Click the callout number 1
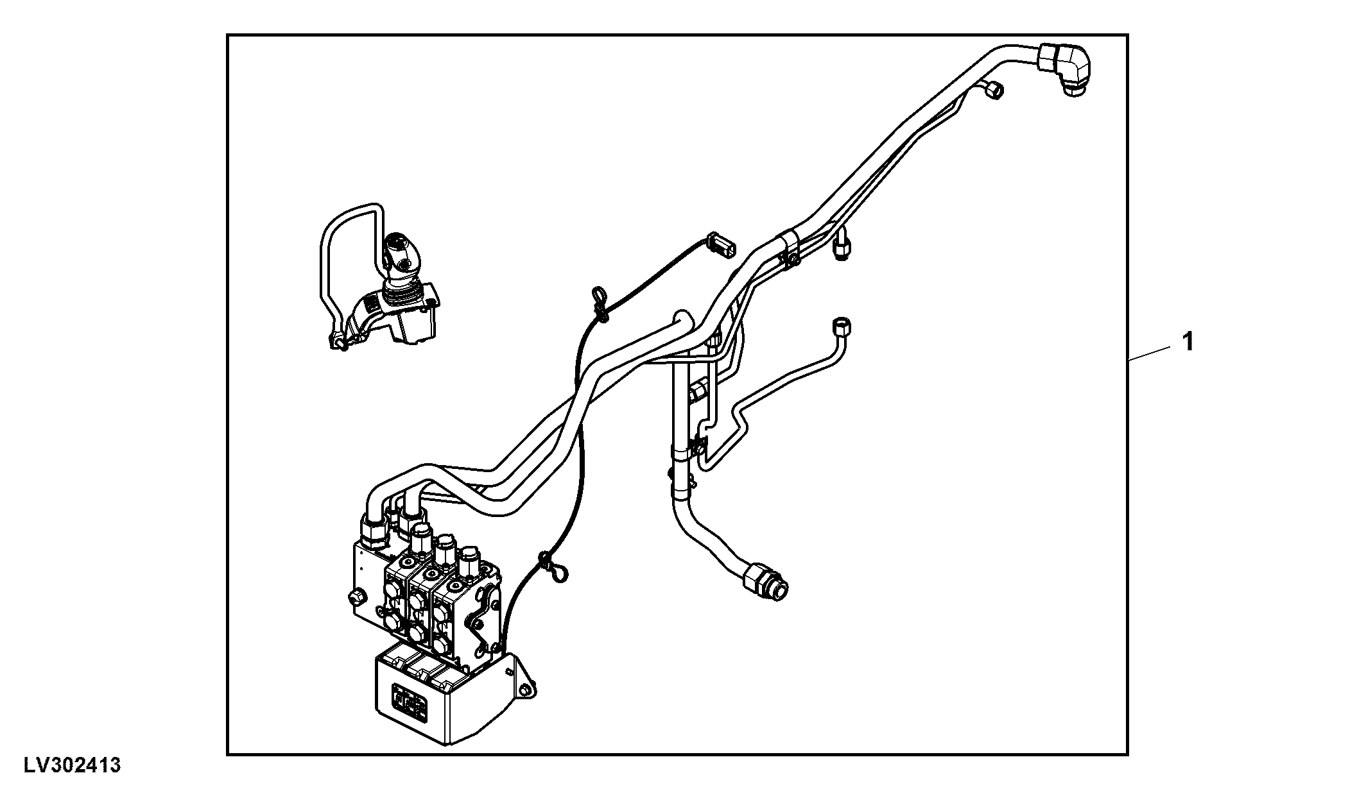(x=1188, y=341)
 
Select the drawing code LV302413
(x=73, y=765)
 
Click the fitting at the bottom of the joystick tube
(x=337, y=342)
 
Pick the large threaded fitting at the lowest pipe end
(x=766, y=581)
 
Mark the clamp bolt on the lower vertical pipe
(x=697, y=443)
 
